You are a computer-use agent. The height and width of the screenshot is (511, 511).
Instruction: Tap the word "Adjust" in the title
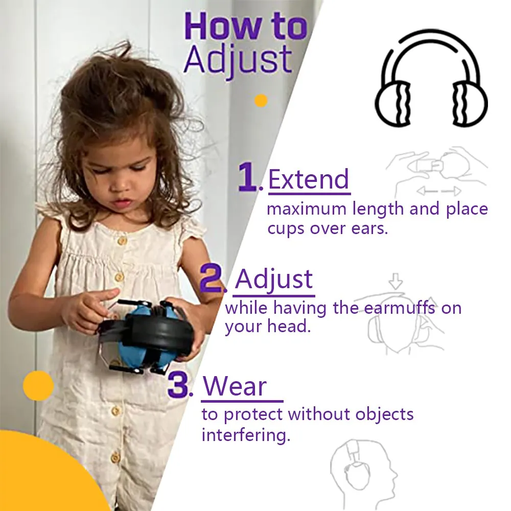[238, 60]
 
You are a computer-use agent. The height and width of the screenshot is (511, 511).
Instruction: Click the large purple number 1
[249, 177]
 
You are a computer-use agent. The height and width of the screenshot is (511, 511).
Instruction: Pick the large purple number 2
[212, 279]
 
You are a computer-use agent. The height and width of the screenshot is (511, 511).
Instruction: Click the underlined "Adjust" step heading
[274, 280]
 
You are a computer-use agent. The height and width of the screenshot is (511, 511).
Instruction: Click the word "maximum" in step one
[299, 209]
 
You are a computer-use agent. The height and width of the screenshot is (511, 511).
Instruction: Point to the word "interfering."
[246, 435]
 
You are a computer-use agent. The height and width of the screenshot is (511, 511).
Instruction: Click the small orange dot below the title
[261, 100]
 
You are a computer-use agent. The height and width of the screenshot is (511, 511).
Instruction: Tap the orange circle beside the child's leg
[38, 386]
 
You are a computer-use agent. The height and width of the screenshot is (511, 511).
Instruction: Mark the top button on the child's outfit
[122, 241]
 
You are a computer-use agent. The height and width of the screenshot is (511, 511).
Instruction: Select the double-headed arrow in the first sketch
[439, 191]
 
